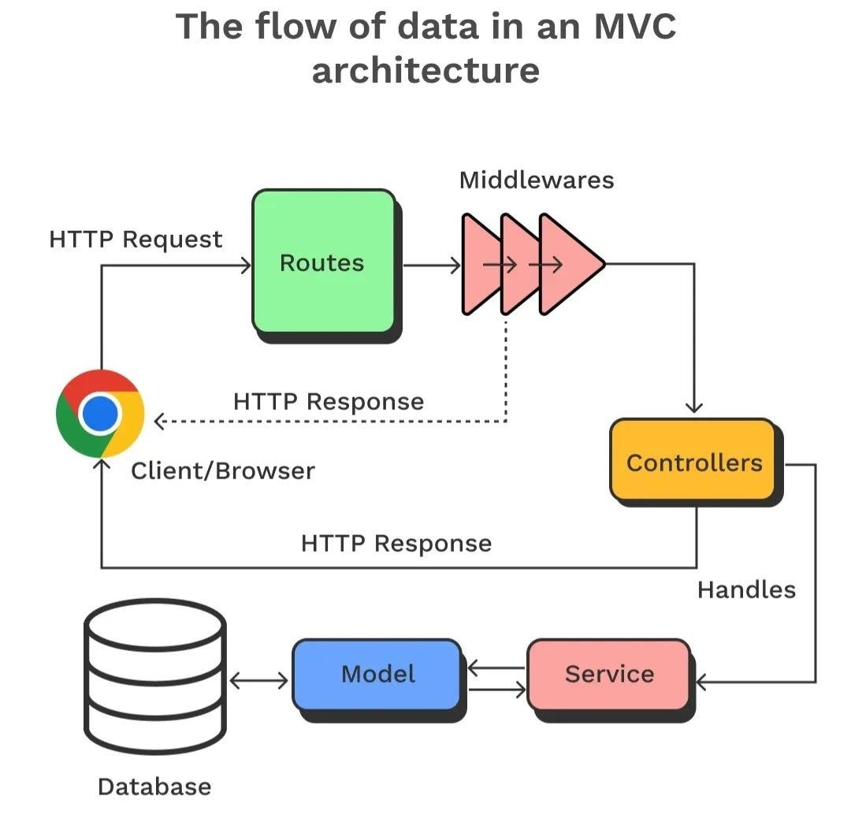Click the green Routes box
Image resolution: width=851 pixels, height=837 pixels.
323,262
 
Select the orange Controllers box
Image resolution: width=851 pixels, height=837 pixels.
693,462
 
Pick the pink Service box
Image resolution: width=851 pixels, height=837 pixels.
608,675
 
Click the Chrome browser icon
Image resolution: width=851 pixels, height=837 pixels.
100,413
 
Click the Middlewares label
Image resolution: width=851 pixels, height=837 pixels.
537,180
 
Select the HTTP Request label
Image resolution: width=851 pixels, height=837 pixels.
136,240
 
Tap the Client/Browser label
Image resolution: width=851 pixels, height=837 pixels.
222,471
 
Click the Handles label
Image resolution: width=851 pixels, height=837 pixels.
746,590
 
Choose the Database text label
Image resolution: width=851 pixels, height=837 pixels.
154,787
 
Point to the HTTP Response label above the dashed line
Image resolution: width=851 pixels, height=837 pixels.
329,402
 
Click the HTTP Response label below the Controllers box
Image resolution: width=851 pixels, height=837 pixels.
396,544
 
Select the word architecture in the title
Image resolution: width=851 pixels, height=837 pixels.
425,69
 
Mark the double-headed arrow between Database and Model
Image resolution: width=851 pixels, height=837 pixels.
258,679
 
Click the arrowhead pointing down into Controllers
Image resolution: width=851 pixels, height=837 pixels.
694,407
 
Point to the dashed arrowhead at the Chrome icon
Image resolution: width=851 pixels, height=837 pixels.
159,422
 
